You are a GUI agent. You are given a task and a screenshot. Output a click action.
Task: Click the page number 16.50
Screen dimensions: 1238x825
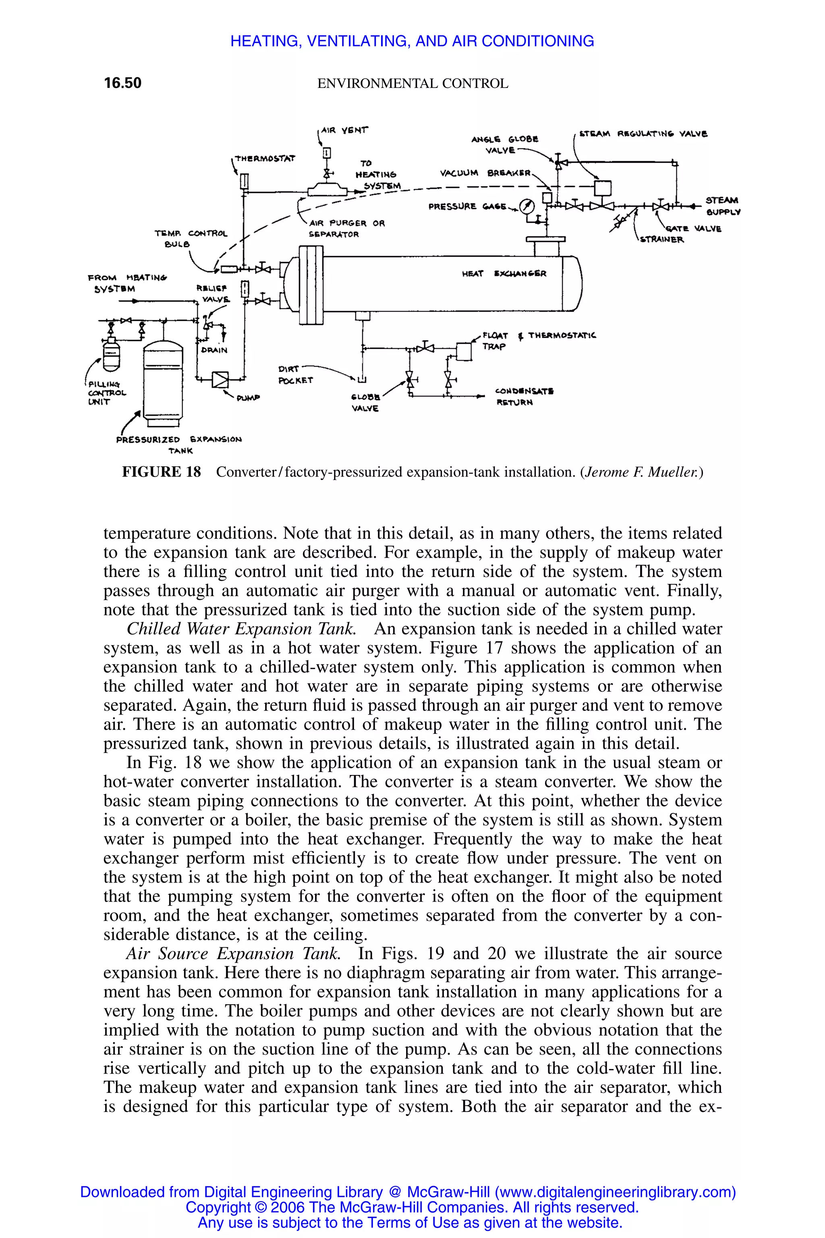(x=122, y=83)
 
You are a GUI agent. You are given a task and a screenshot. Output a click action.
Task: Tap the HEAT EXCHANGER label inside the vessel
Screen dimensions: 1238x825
(x=504, y=274)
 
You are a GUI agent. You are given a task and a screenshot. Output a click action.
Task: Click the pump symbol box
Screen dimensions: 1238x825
(x=220, y=379)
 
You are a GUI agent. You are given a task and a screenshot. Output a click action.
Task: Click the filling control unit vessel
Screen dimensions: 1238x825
(x=111, y=355)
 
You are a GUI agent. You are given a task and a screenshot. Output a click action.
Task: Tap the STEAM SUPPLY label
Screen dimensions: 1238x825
(x=722, y=206)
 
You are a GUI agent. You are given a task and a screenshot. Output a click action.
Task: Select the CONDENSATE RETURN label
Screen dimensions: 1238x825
(x=524, y=397)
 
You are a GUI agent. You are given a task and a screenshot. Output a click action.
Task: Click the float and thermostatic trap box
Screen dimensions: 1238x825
(x=464, y=351)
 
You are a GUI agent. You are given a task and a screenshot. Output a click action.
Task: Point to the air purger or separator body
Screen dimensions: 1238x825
(x=327, y=189)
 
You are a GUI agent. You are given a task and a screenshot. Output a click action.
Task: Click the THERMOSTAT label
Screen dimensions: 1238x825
(x=265, y=158)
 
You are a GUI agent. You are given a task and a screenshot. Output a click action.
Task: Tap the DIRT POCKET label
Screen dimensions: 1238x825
(x=295, y=374)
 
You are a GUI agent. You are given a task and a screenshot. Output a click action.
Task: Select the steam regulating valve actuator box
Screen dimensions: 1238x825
(x=603, y=188)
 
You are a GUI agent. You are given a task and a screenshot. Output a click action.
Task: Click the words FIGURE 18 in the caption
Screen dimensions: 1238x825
(x=162, y=472)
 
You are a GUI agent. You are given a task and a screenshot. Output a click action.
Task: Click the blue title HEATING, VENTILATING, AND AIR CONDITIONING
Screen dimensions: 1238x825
(x=412, y=41)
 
